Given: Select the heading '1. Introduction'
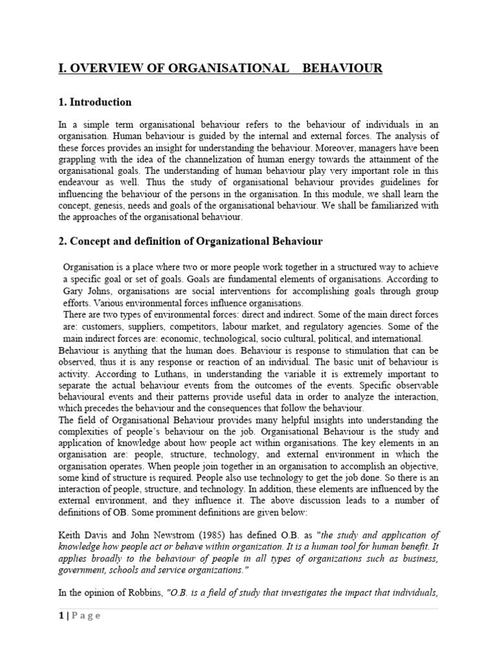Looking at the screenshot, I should [95, 102].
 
